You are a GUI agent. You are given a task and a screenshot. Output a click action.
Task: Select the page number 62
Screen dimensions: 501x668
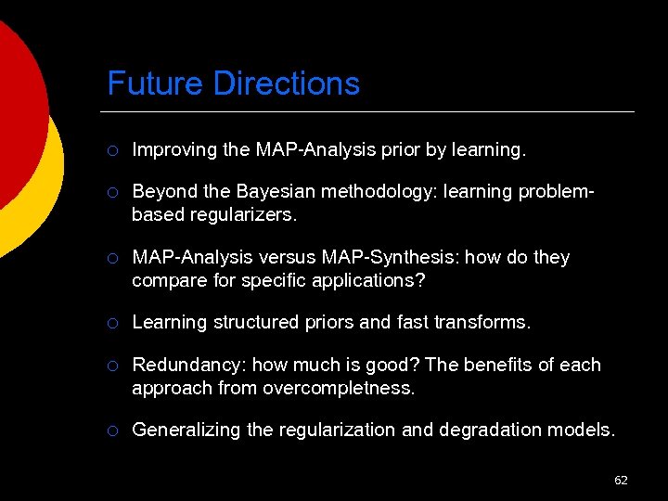click(x=621, y=480)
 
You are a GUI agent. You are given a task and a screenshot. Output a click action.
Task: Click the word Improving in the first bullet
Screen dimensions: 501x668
click(x=173, y=148)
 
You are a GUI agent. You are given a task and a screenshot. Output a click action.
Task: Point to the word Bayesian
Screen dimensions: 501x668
click(x=277, y=191)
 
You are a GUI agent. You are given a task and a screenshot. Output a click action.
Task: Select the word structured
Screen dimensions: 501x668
click(x=260, y=322)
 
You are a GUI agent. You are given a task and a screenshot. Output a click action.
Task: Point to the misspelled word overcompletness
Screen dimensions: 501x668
click(x=339, y=387)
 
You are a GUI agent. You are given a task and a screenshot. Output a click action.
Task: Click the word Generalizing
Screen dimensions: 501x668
click(x=183, y=430)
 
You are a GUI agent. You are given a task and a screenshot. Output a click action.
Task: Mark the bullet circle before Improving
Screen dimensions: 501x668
click(x=112, y=149)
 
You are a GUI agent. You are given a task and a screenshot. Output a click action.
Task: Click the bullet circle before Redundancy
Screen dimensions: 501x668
click(x=112, y=366)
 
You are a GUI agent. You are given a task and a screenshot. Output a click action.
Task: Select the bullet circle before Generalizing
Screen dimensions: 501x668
click(x=112, y=430)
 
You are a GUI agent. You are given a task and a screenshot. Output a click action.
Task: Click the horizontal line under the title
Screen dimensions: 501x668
click(x=371, y=111)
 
